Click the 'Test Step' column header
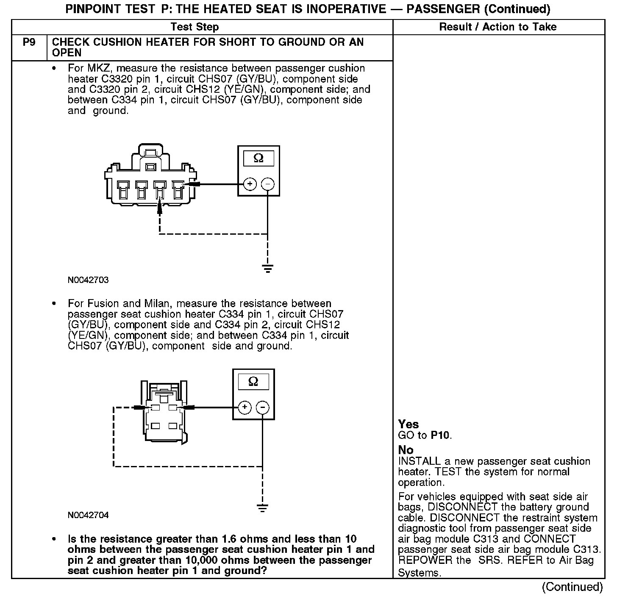click(x=195, y=27)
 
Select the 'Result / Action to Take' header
click(x=497, y=27)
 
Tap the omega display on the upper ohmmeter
click(x=258, y=158)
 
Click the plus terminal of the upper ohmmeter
click(x=250, y=184)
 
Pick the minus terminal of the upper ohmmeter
click(x=267, y=184)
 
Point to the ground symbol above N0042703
click(x=267, y=268)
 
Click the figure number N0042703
click(x=88, y=280)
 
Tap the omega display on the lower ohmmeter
click(x=253, y=382)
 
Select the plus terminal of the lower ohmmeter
click(x=245, y=408)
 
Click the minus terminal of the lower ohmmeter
click(x=262, y=408)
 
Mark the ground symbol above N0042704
click(x=262, y=507)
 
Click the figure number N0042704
click(x=88, y=515)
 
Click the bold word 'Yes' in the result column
click(x=409, y=424)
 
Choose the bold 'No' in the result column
click(x=406, y=450)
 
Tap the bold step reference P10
click(x=441, y=435)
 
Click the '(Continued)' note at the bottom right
click(x=572, y=587)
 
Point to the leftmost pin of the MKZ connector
click(x=122, y=189)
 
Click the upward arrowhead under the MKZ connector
click(x=160, y=208)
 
